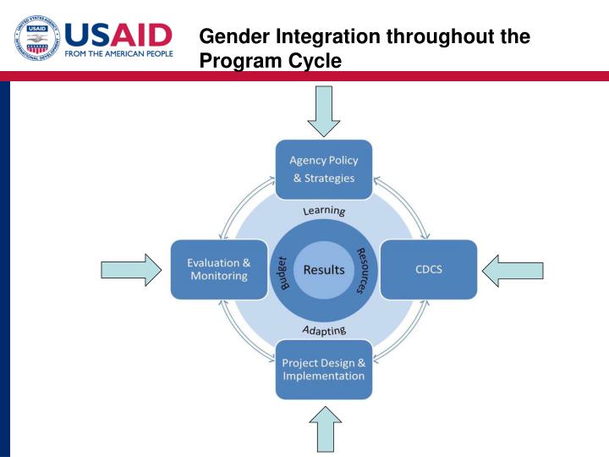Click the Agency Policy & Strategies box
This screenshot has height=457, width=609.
(324, 169)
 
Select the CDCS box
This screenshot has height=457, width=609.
(428, 270)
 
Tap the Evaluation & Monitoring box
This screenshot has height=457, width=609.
(218, 269)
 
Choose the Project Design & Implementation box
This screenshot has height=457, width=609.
(324, 369)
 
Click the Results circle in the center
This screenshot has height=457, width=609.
(324, 270)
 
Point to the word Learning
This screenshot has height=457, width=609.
(324, 210)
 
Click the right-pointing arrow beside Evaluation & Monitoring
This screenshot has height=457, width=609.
(131, 270)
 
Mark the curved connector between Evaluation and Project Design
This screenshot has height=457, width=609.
(240, 337)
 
